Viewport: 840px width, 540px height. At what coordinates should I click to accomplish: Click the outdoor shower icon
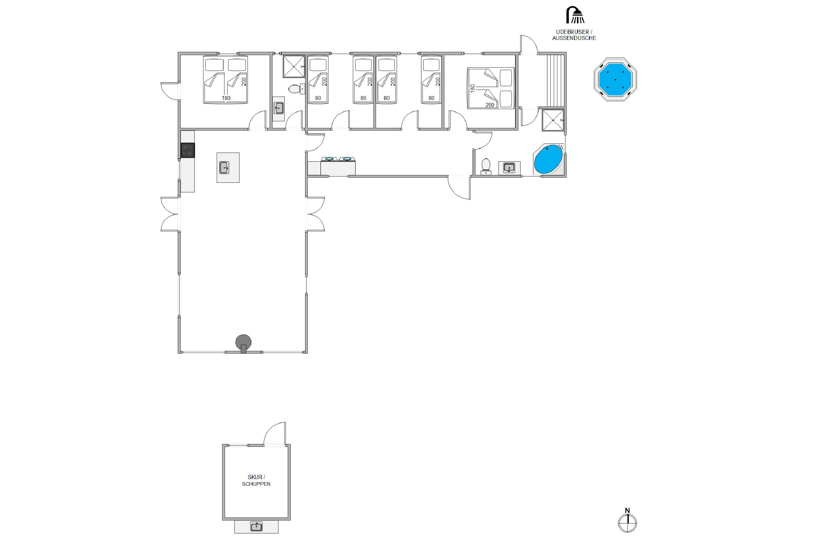(x=575, y=15)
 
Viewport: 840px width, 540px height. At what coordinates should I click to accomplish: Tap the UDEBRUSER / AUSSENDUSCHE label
(x=574, y=35)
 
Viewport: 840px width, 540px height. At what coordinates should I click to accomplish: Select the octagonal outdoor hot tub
(x=615, y=79)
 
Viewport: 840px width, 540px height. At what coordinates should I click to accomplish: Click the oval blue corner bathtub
(x=548, y=160)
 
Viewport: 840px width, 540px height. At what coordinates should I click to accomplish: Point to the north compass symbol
(x=627, y=523)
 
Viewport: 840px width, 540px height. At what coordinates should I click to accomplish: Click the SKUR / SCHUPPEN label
(x=256, y=480)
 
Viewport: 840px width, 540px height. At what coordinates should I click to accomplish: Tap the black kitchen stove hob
(x=187, y=150)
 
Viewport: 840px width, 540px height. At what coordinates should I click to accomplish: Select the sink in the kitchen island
(x=224, y=168)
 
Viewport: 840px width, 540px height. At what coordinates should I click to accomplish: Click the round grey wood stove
(x=243, y=343)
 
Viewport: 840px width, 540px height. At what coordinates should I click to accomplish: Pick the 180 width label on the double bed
(x=226, y=98)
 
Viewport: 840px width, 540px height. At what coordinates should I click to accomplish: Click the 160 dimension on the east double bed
(x=472, y=88)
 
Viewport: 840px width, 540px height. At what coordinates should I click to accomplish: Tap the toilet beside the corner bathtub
(x=486, y=166)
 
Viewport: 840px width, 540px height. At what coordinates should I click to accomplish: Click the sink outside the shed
(x=256, y=526)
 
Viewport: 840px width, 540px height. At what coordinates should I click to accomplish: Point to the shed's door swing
(x=275, y=433)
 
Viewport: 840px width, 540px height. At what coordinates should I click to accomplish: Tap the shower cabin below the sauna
(x=553, y=120)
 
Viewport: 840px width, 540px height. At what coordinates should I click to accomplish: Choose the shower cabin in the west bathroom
(x=294, y=66)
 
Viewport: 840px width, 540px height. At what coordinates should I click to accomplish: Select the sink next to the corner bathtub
(x=509, y=168)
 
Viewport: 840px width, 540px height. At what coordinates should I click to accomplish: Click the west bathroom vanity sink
(x=279, y=108)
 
